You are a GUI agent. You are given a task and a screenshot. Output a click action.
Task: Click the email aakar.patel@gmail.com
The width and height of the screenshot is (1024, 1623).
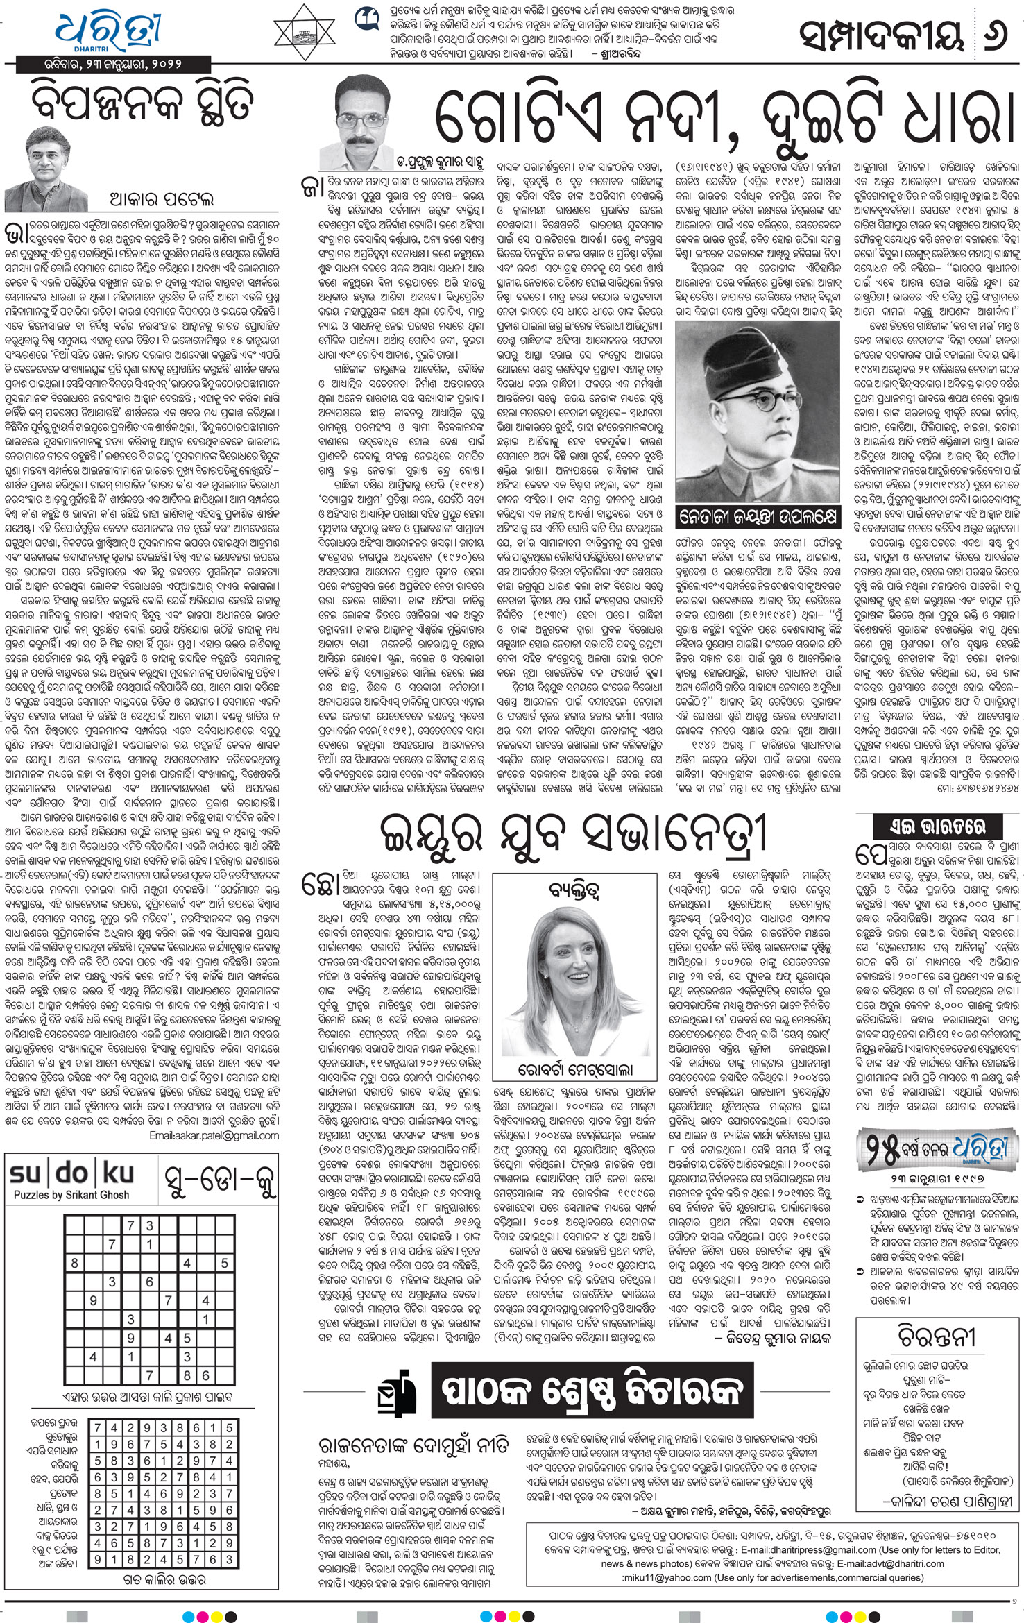click(x=214, y=1136)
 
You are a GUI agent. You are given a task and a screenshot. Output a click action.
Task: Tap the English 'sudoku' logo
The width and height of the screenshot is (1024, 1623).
click(x=71, y=1173)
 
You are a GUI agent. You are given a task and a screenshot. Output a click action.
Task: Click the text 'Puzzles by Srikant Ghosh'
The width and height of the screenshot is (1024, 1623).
click(x=71, y=1195)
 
